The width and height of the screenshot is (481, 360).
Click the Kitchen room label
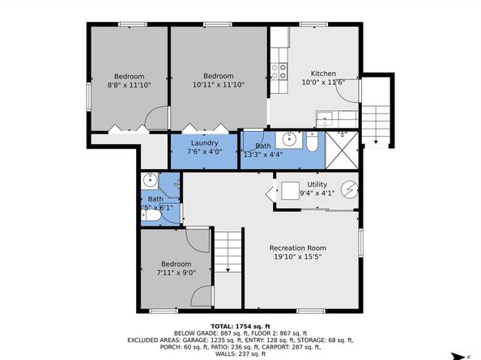(x=317, y=73)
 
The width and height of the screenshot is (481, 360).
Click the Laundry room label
(x=204, y=143)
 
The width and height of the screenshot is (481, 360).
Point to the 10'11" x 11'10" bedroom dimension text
(x=218, y=84)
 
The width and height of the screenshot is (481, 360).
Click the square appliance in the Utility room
(x=290, y=192)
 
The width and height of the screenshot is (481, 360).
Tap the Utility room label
(x=317, y=184)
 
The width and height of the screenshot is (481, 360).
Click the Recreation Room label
(x=298, y=248)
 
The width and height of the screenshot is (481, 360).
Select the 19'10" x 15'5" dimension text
(x=298, y=257)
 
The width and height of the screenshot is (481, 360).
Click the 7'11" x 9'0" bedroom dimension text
(x=176, y=273)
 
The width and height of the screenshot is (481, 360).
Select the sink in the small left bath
(x=149, y=180)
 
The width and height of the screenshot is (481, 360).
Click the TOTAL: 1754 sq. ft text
(x=240, y=324)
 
